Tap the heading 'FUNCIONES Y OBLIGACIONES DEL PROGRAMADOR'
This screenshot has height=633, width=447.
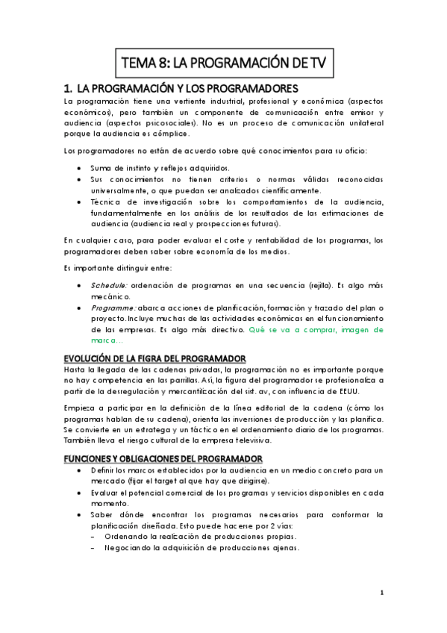[x=163, y=458]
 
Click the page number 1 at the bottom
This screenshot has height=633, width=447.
[x=381, y=593]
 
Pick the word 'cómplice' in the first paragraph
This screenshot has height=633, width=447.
[x=169, y=134]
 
